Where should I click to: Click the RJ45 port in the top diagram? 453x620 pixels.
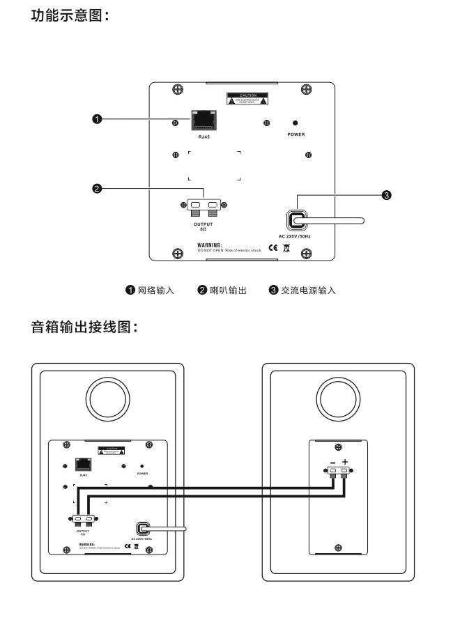[204, 121]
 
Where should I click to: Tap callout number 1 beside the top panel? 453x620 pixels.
[98, 120]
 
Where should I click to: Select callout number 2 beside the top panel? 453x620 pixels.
[98, 187]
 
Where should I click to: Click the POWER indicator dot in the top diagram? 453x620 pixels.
[295, 122]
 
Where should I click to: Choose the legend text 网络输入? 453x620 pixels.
[157, 290]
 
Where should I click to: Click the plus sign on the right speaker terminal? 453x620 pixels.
[344, 461]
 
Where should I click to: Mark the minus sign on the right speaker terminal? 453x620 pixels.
[333, 461]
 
